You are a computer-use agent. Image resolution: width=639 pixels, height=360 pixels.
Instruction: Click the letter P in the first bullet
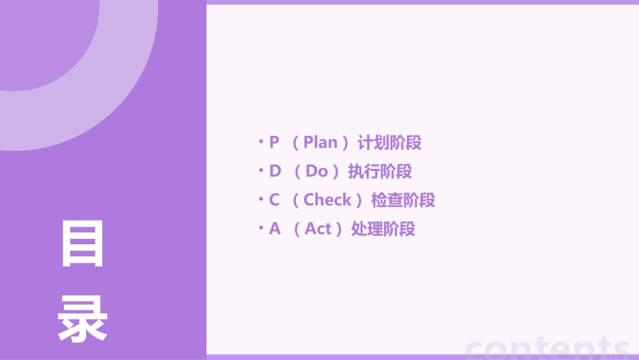[274, 143]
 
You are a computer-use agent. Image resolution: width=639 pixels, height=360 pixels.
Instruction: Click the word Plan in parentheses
[320, 143]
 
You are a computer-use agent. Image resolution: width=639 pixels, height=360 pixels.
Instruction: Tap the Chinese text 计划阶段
[389, 143]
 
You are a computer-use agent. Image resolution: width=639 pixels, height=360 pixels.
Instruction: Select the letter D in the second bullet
[275, 172]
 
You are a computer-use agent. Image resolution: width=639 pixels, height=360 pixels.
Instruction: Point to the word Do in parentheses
[316, 172]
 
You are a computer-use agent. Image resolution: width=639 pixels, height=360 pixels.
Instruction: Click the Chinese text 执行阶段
[380, 172]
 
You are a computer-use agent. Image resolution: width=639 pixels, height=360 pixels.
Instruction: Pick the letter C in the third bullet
[274, 200]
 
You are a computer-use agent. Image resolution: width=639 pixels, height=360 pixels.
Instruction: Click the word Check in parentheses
[328, 200]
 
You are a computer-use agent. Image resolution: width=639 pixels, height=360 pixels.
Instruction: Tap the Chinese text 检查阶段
[404, 200]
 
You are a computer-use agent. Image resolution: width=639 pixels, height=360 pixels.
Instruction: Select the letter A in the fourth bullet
[274, 229]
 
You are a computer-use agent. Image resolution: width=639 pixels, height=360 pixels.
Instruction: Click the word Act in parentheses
[318, 229]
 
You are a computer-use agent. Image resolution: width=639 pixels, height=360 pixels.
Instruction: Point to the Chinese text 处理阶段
[383, 229]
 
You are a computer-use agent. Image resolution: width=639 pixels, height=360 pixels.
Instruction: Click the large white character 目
[83, 244]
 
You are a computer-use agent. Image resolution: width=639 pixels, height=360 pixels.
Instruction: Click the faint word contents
[548, 348]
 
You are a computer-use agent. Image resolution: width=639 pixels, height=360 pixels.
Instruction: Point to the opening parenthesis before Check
[296, 201]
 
